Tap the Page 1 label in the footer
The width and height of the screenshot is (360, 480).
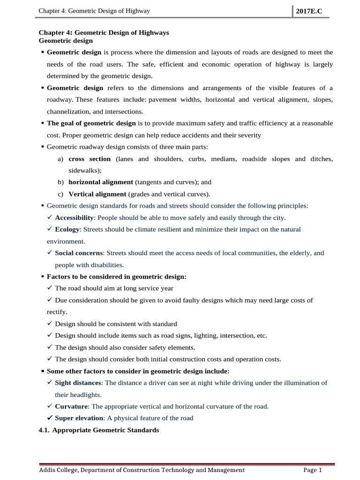313,470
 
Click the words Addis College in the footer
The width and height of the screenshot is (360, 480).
59,470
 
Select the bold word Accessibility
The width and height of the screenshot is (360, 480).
74,217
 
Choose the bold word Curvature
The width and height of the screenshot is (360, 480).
71,406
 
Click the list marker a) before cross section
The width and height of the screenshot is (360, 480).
60,159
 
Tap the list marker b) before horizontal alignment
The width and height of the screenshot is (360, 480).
60,182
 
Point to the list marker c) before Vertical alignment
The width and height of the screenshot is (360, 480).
60,194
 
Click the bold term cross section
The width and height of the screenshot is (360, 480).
90,159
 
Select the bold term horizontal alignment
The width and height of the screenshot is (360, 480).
101,182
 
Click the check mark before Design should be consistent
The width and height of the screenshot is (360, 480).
50,323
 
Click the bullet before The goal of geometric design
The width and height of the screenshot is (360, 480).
43,123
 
